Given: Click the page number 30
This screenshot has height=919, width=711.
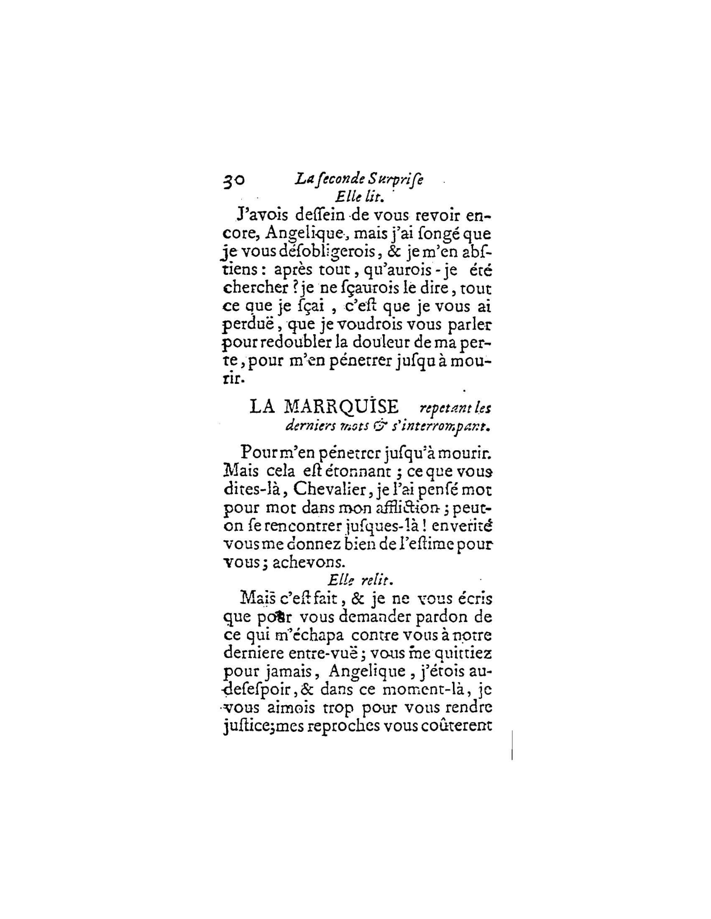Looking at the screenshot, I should point(233,180).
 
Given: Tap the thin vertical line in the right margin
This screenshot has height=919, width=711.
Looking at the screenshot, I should point(512,745).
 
